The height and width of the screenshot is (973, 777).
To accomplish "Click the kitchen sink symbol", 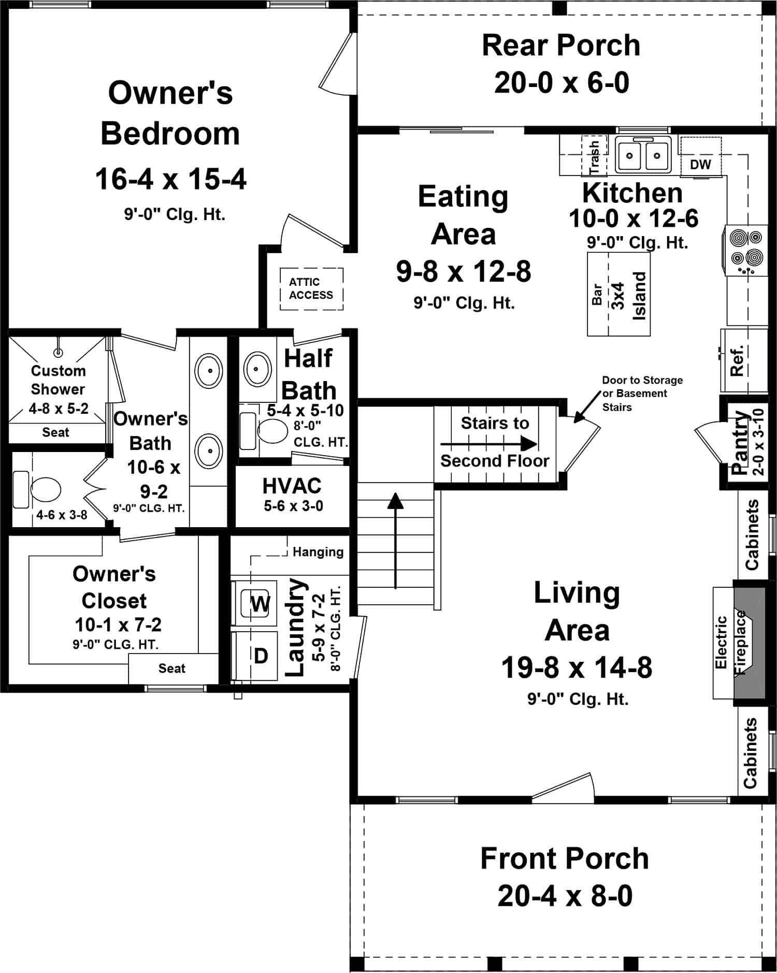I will [x=643, y=154].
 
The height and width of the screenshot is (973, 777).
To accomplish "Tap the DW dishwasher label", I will [x=700, y=165].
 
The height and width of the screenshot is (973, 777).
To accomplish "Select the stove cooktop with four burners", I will [x=746, y=250].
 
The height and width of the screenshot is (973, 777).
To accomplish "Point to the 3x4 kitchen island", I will [x=618, y=295].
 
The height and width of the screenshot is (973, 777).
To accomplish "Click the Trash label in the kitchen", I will [x=594, y=157].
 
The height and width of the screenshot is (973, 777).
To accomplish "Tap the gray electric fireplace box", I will [x=750, y=642].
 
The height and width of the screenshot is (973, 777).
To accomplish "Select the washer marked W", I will [x=260, y=603].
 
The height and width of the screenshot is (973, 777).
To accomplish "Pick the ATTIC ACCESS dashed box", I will [x=311, y=288].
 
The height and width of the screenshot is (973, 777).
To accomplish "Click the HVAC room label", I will [x=292, y=486].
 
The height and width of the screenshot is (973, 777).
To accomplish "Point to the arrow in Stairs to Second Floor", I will [x=489, y=444].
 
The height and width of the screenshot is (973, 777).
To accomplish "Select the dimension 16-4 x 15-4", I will [x=171, y=179].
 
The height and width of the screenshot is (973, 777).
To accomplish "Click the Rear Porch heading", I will [x=561, y=45].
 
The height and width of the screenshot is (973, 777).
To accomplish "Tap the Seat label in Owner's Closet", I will [x=171, y=668].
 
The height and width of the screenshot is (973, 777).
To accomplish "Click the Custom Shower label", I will [x=58, y=380].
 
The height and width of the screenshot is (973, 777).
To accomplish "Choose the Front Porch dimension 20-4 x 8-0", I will [x=565, y=896].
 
